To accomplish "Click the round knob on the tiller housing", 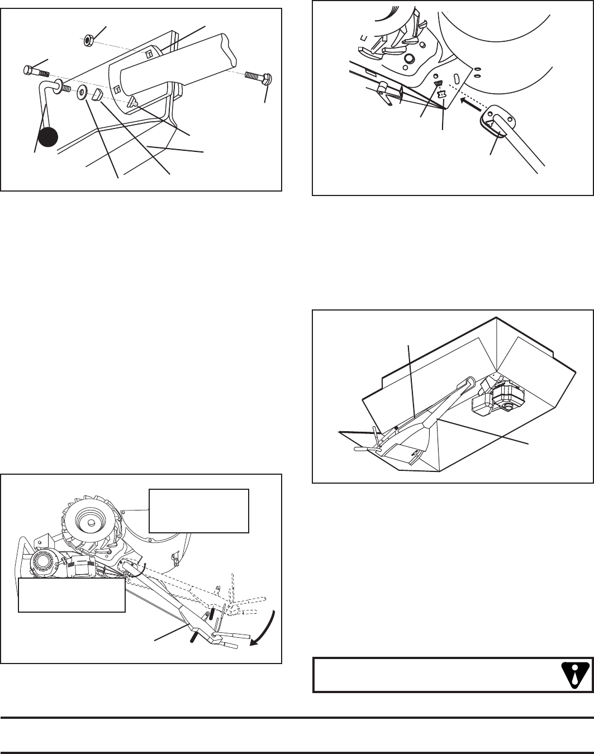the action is (x=410, y=59).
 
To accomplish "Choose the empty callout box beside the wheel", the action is (x=198, y=511).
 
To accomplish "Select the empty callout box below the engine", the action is (x=72, y=595).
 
